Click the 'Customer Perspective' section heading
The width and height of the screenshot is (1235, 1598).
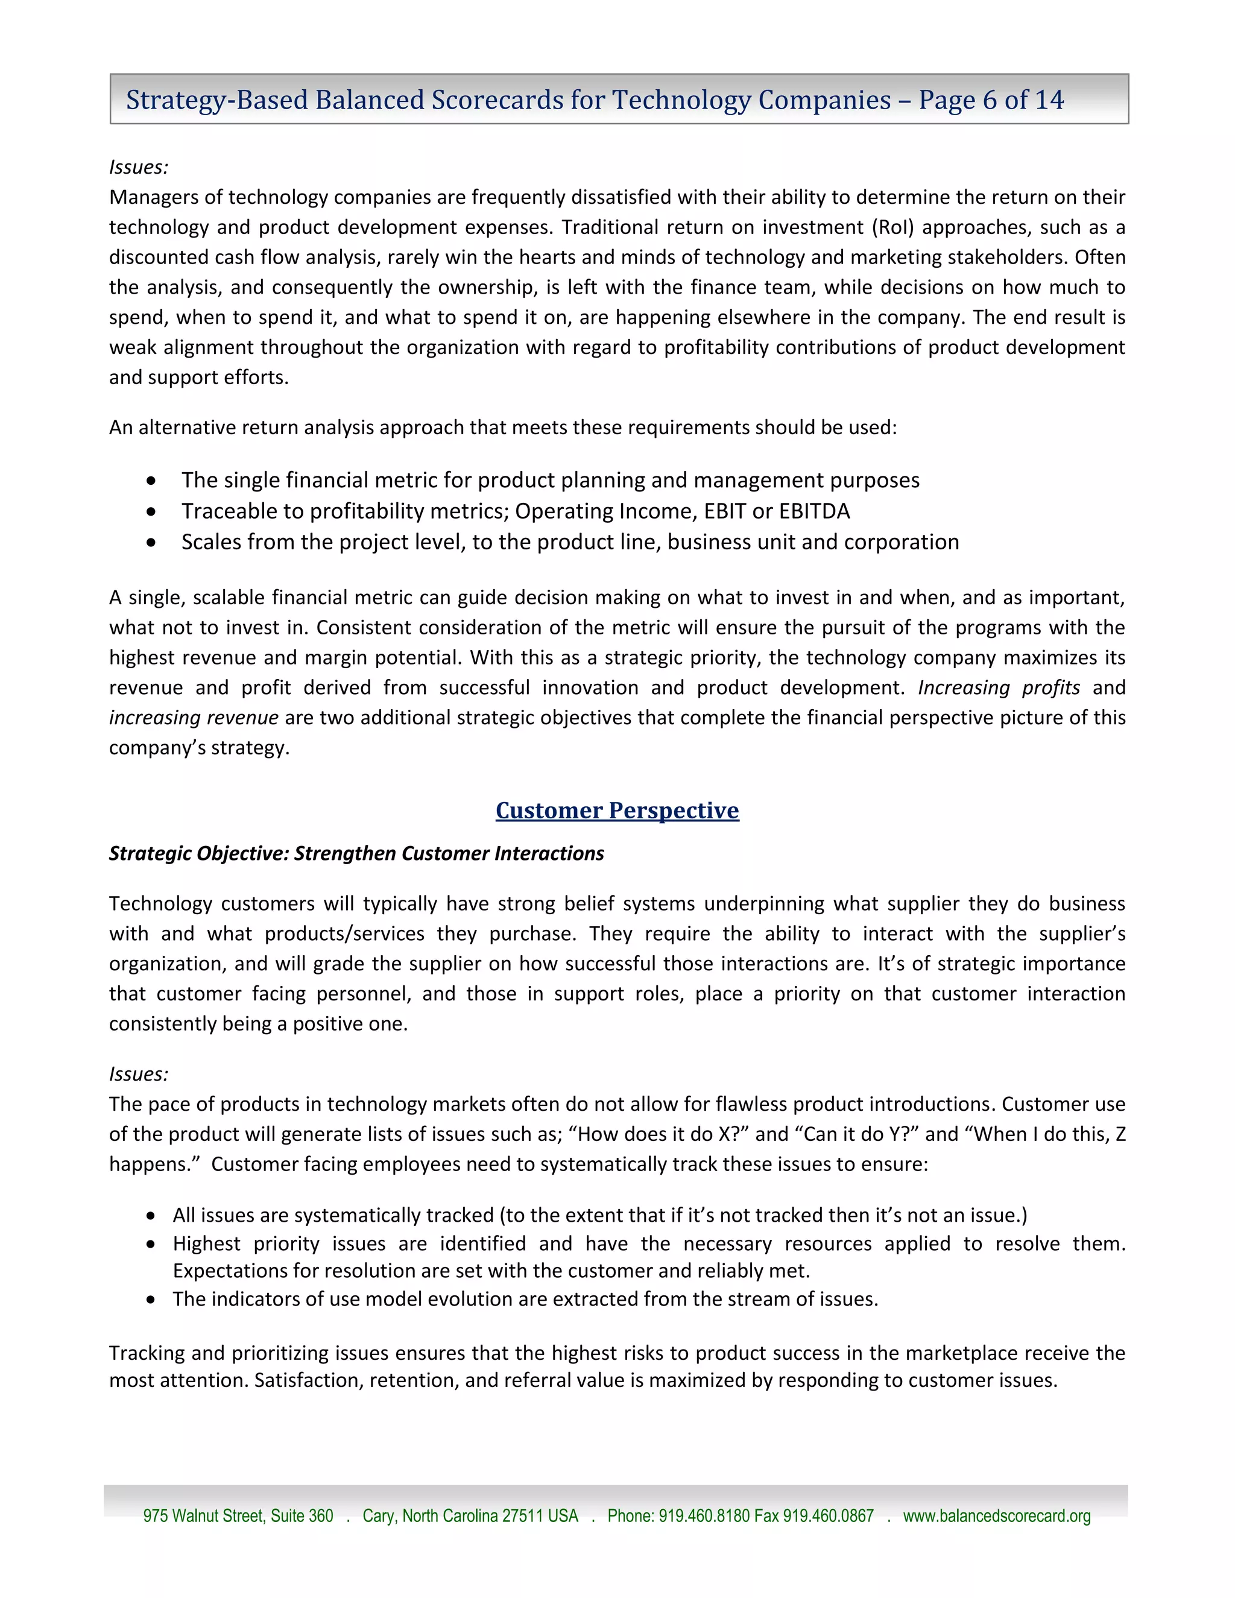pyautogui.click(x=617, y=810)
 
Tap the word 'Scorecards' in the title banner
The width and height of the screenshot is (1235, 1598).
pyautogui.click(x=497, y=99)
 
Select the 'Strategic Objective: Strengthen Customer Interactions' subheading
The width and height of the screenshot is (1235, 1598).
pyautogui.click(x=356, y=853)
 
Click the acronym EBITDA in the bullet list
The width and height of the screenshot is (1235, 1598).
pyautogui.click(x=814, y=511)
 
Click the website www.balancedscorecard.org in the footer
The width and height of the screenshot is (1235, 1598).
pyautogui.click(x=996, y=1515)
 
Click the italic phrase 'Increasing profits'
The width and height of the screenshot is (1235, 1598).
pyautogui.click(x=999, y=688)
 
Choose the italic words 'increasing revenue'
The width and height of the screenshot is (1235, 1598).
pyautogui.click(x=194, y=718)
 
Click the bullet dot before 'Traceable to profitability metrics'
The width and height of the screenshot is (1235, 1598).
pyautogui.click(x=151, y=512)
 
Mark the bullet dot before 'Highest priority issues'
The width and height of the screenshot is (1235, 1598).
pyautogui.click(x=151, y=1244)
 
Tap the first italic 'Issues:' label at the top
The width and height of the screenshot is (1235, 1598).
pyautogui.click(x=138, y=167)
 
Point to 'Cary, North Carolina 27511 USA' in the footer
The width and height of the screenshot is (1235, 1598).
pyautogui.click(x=470, y=1515)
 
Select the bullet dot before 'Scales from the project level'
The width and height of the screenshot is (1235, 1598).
pyautogui.click(x=151, y=543)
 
